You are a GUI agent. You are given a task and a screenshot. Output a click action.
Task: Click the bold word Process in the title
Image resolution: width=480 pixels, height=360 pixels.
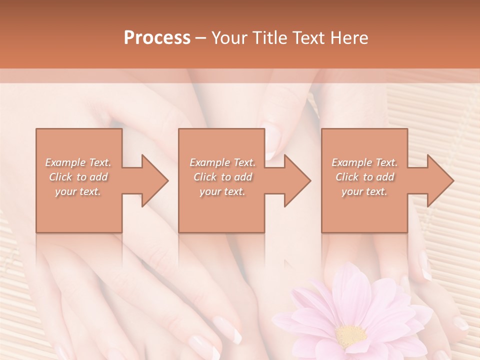point(157,38)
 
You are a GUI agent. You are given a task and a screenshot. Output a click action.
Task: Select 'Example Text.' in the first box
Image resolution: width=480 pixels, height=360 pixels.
point(78,162)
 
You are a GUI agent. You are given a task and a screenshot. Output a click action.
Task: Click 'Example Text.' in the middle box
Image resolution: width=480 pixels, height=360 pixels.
point(222,162)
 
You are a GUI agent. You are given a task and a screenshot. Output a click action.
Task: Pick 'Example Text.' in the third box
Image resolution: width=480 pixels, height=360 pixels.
point(364,162)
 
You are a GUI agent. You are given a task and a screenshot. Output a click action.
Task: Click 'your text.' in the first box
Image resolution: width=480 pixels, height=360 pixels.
point(78,191)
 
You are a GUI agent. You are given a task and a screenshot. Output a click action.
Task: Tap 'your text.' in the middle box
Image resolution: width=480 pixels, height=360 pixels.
point(222,191)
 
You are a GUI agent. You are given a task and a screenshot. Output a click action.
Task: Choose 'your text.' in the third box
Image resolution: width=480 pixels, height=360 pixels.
point(364,191)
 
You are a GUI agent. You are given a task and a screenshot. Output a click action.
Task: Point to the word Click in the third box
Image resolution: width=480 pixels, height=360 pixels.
point(347,177)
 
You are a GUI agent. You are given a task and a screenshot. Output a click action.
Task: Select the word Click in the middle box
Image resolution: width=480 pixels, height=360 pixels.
point(205,177)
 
